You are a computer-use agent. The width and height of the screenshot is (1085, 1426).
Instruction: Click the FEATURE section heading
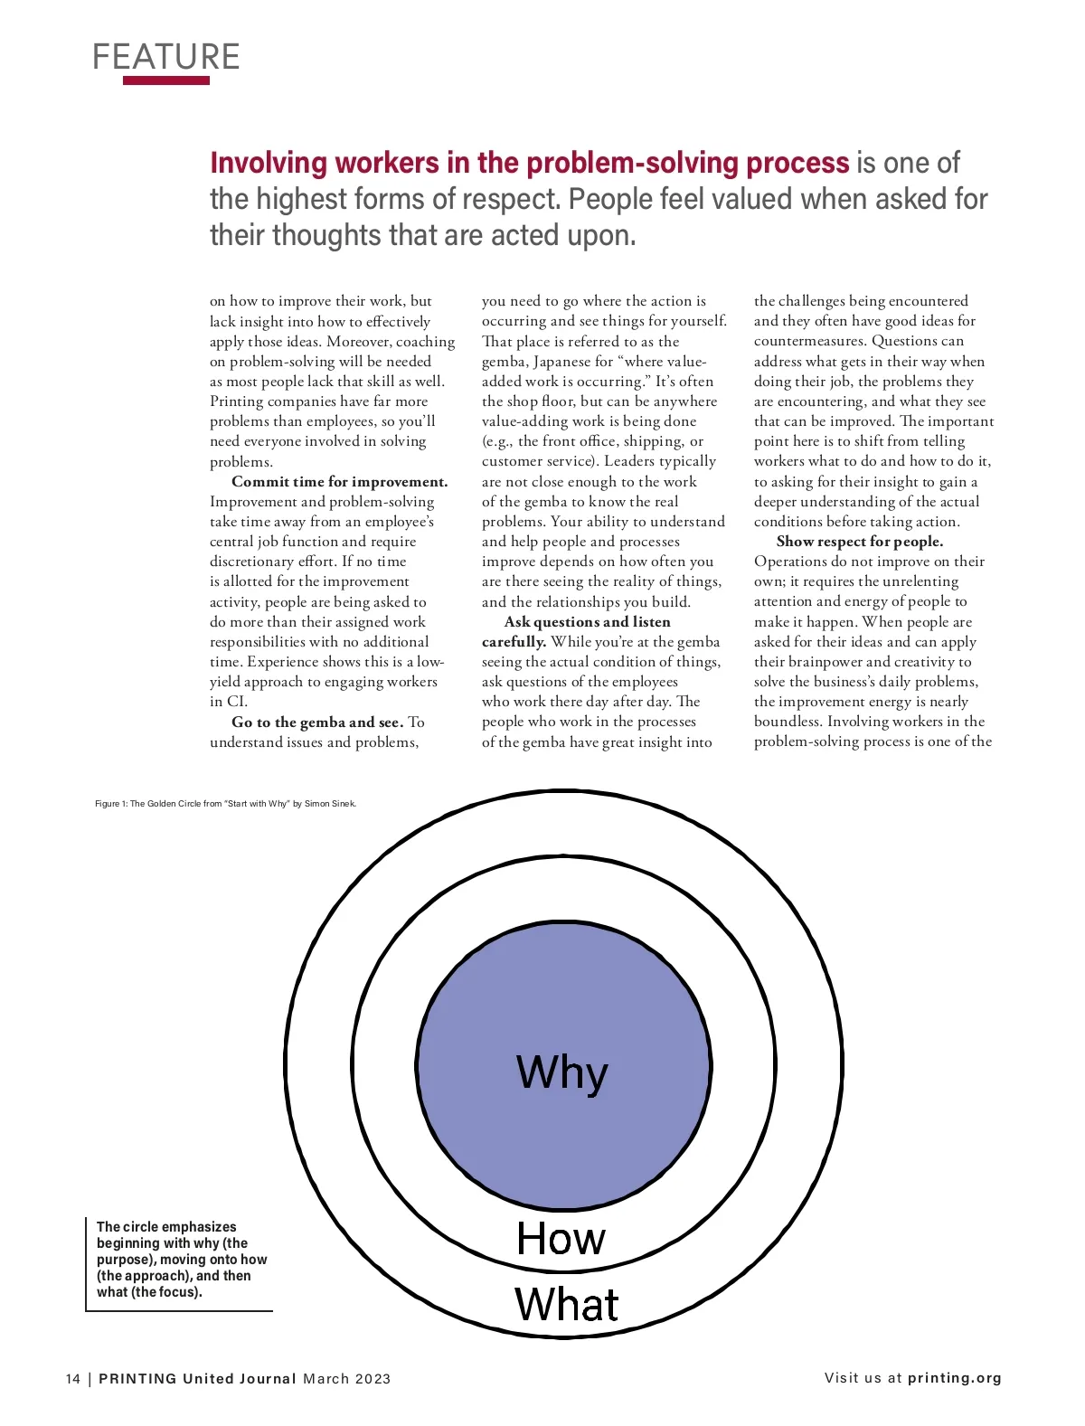[166, 57]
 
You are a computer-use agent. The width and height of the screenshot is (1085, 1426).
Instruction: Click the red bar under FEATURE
[166, 80]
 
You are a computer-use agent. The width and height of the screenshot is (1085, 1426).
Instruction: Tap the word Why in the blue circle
[562, 1073]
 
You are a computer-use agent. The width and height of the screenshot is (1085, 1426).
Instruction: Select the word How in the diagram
[561, 1239]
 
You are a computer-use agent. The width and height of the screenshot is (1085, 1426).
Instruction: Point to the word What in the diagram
[567, 1305]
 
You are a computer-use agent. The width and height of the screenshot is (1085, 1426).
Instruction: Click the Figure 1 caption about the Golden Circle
[225, 804]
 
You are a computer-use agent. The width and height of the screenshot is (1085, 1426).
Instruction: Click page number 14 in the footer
[73, 1379]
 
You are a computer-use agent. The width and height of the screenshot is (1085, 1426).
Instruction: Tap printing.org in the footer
[955, 1378]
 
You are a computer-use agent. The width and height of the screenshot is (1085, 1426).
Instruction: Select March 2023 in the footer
[347, 1379]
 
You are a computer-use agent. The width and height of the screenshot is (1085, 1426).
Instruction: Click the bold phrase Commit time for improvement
[340, 482]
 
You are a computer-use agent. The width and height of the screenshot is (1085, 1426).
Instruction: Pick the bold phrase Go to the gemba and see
[317, 722]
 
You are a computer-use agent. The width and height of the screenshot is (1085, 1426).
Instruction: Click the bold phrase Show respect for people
[859, 542]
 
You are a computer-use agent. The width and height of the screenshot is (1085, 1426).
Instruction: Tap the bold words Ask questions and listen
[588, 622]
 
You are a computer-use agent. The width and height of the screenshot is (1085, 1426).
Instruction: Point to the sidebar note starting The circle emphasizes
[181, 1259]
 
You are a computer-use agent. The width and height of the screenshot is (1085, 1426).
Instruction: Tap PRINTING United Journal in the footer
[197, 1379]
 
